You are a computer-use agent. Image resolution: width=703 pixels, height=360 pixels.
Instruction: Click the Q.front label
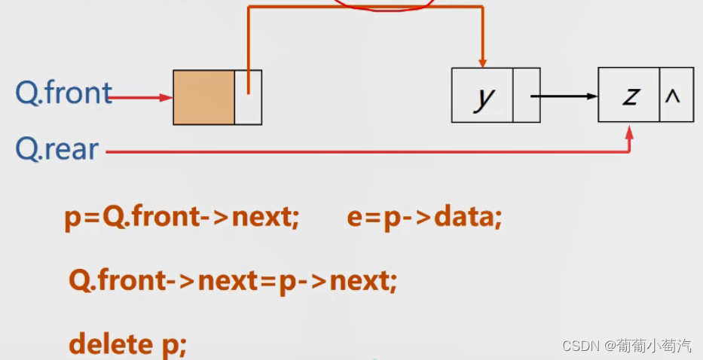(x=63, y=93)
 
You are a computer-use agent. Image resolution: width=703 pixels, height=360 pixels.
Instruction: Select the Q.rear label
(x=57, y=149)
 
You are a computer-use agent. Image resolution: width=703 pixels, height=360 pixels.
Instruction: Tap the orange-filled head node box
(x=203, y=97)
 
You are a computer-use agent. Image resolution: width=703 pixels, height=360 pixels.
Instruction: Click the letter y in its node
(x=482, y=96)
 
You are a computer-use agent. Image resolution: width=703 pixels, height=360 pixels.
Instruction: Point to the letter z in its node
(x=629, y=95)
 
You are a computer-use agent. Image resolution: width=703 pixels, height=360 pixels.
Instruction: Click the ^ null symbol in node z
(x=676, y=95)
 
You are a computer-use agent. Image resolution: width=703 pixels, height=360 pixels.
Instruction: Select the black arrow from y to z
(x=565, y=96)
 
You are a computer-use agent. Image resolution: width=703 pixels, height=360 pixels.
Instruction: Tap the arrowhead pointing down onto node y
(x=482, y=63)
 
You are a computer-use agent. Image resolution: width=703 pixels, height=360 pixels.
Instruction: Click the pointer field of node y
(x=526, y=96)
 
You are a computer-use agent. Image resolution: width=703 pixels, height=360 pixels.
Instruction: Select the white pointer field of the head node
(x=248, y=97)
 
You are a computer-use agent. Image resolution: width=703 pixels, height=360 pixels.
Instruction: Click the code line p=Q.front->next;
(x=182, y=218)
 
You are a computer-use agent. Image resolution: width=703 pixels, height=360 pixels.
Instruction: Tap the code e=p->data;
(x=424, y=218)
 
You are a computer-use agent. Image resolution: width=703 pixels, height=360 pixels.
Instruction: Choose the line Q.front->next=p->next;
(x=233, y=281)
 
